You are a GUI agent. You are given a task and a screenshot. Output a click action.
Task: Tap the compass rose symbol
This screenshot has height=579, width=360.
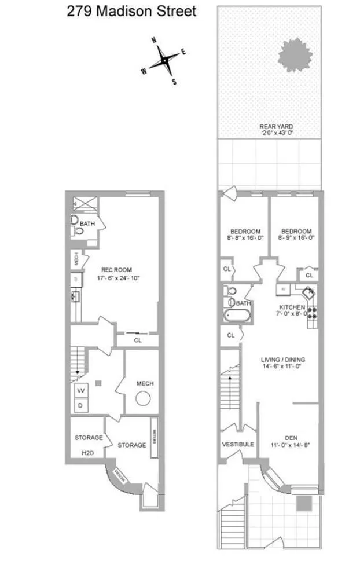(166, 60)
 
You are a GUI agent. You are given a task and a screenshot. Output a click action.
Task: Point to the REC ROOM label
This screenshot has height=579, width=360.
(117, 269)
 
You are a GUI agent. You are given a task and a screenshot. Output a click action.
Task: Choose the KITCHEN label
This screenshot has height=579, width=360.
(292, 307)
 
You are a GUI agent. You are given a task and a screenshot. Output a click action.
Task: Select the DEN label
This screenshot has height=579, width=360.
(292, 437)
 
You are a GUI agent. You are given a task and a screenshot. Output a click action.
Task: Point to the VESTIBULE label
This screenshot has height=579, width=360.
(238, 444)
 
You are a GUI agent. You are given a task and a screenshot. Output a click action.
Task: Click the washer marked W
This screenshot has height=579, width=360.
(81, 391)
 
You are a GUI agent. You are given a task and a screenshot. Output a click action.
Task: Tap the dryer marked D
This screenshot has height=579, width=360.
(80, 405)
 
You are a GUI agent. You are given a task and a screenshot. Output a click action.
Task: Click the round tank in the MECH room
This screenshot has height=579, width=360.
(142, 398)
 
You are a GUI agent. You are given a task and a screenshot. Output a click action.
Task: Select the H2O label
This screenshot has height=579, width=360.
(88, 453)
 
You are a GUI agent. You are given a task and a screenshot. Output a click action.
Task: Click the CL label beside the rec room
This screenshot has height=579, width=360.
(137, 341)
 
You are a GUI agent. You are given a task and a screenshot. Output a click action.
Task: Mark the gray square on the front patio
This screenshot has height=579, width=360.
(303, 504)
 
